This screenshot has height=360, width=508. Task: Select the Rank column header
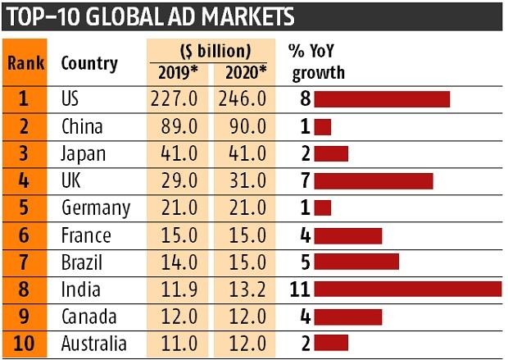coord(25,63)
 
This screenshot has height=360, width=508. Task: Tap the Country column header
coord(89,63)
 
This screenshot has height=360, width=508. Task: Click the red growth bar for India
coord(407,289)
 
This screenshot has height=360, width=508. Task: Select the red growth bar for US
coord(382,99)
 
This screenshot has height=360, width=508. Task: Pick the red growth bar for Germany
coord(323,208)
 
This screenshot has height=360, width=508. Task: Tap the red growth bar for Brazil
coord(356,262)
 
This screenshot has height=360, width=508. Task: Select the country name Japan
coord(84,154)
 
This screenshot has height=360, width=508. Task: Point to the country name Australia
coord(94,344)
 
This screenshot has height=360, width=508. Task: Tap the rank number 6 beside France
coord(25,235)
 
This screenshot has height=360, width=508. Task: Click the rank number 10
coord(25,344)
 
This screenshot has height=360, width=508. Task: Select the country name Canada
coord(89,317)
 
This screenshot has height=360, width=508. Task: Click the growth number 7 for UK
coord(305,181)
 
